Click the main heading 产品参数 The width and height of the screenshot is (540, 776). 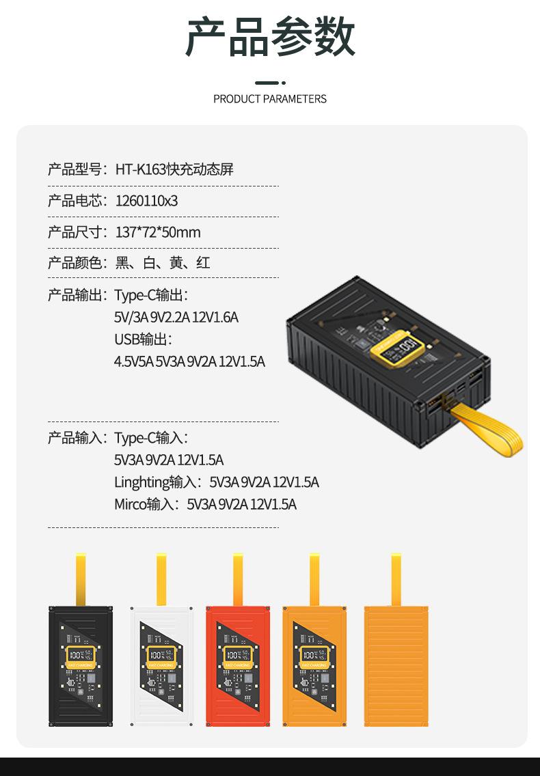coord(270,38)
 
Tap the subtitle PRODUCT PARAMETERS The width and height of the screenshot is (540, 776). coord(270,99)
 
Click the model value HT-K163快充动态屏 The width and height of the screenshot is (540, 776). coord(174,169)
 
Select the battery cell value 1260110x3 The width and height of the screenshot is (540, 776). coord(147,201)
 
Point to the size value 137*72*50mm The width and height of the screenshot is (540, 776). coord(158,232)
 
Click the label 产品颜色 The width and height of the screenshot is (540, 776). coord(75,263)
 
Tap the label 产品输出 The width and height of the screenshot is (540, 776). coord(75,295)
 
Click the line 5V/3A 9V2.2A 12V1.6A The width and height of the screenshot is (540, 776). coord(176,318)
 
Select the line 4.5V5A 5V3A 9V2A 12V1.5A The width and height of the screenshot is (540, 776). coord(189,361)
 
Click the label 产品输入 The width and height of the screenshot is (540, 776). coord(75,438)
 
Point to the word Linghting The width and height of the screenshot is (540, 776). coord(141,482)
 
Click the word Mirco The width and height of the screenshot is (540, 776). coord(130,504)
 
